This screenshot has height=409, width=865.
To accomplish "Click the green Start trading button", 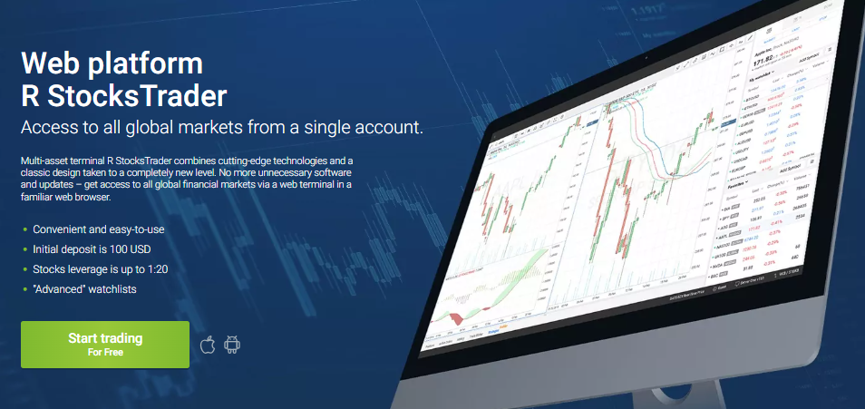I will [x=105, y=344].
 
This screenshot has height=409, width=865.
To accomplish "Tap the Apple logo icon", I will [x=208, y=345].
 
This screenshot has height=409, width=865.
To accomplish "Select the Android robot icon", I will [x=232, y=345].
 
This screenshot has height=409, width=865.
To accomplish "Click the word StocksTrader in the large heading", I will [x=136, y=94].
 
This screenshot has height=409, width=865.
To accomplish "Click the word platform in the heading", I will [x=149, y=63].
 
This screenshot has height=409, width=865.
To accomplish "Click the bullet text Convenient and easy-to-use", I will [x=98, y=229].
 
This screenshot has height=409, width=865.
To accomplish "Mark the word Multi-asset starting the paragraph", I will [x=44, y=161].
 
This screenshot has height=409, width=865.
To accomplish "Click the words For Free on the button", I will [x=105, y=352].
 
